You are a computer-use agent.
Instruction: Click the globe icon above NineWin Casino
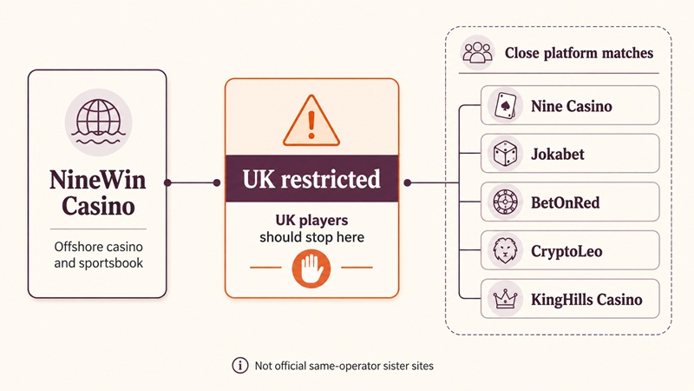coord(98,122)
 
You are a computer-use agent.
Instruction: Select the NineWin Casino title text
coord(98,193)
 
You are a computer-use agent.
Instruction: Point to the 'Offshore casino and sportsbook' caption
coord(98,255)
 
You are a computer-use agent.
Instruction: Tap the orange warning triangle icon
coord(311,121)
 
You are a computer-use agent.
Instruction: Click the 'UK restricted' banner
coord(311,179)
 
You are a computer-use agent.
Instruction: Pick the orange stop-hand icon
coord(311,268)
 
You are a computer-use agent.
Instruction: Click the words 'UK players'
coord(311,220)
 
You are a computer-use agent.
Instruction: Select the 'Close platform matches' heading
coord(579,53)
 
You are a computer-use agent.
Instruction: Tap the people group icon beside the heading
coord(477,52)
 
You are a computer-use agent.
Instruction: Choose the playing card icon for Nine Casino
coord(505,105)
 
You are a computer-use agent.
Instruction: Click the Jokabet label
coord(558,154)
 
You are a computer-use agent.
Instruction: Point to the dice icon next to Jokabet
coord(505,154)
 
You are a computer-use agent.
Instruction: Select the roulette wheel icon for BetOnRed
coord(505,202)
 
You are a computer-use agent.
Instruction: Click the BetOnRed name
coord(566,202)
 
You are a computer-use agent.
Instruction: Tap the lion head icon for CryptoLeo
coord(505,250)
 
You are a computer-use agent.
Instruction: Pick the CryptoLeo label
coord(566,251)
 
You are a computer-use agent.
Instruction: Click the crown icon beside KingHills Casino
coord(505,299)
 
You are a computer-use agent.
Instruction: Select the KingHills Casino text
coord(586,300)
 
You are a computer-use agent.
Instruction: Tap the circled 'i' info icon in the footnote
coord(240,365)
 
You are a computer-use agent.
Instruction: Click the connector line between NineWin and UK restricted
coord(192,182)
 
